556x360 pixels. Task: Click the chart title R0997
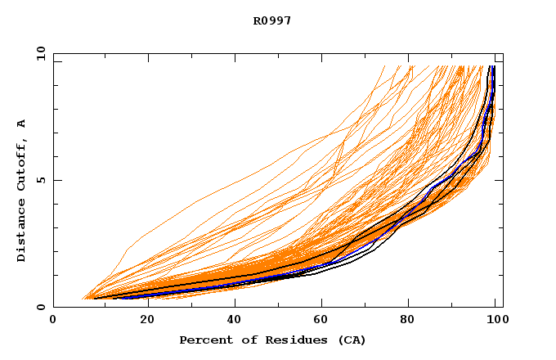pyautogui.click(x=272, y=21)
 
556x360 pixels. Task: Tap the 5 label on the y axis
pyautogui.click(x=41, y=180)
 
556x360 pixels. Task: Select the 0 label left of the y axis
pyautogui.click(x=41, y=307)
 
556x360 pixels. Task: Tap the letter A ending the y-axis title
pyautogui.click(x=22, y=124)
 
